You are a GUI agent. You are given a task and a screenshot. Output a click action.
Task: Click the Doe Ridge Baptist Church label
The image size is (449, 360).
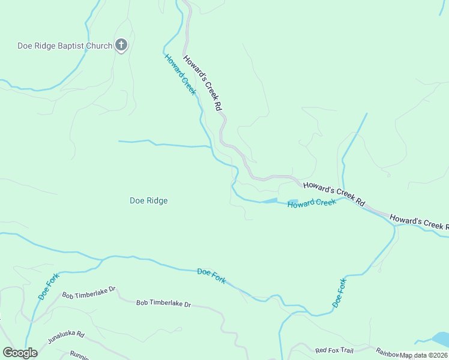[x=65, y=46]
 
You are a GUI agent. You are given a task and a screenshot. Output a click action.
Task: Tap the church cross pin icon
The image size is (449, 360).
[x=121, y=45]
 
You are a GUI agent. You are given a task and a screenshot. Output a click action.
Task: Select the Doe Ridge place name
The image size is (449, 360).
[x=148, y=201]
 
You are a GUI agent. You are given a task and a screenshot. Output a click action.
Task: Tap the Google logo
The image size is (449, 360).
[x=20, y=353]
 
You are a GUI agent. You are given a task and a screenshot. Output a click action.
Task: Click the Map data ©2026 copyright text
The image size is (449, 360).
[x=423, y=355]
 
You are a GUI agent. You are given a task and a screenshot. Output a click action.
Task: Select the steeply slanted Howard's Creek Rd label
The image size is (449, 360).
[x=203, y=83]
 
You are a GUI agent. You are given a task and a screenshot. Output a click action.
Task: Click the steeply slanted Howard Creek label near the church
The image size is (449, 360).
[x=180, y=74]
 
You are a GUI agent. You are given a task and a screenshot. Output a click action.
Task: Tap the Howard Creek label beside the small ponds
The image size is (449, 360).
[x=311, y=203]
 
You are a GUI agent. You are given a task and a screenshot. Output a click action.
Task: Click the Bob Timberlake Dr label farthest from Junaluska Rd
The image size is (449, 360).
[x=163, y=304]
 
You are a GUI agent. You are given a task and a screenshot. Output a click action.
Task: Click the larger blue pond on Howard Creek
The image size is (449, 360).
[x=270, y=200]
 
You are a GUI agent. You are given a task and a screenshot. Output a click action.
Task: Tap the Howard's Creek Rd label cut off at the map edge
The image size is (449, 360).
[x=419, y=221]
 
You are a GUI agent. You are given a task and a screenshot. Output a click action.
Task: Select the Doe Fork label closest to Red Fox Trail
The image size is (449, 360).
[x=340, y=293]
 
